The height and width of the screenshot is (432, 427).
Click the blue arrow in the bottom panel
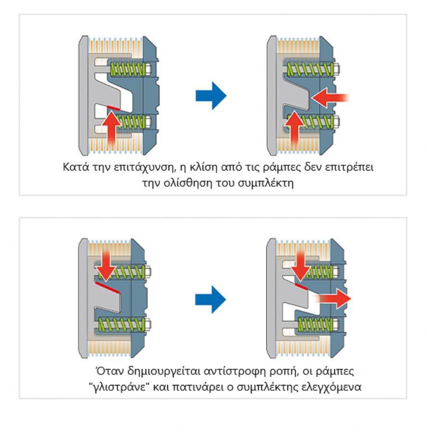(210, 300)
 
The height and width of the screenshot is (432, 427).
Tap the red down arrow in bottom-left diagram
(106, 265)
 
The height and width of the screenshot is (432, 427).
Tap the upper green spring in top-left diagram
(127, 69)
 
